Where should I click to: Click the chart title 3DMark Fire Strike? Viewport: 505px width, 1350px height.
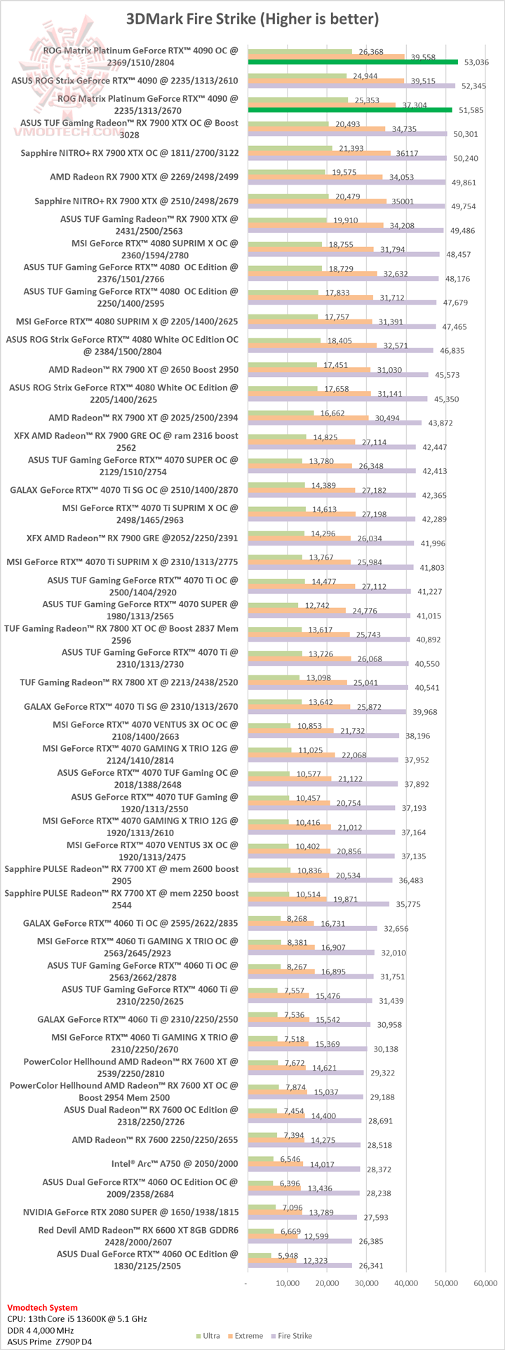click(252, 19)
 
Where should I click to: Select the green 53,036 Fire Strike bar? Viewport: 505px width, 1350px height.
click(352, 62)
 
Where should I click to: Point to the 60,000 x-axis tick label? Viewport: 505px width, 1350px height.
click(486, 1283)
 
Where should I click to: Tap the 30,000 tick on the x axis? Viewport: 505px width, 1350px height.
click(367, 1283)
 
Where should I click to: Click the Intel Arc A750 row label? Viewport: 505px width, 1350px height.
click(175, 1163)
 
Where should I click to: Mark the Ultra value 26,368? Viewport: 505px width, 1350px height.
click(371, 52)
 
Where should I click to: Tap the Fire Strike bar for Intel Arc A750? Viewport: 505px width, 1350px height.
click(303, 1169)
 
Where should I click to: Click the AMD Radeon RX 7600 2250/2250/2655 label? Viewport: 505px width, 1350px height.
click(155, 1139)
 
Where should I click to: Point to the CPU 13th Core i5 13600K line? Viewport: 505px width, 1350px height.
click(77, 1319)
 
